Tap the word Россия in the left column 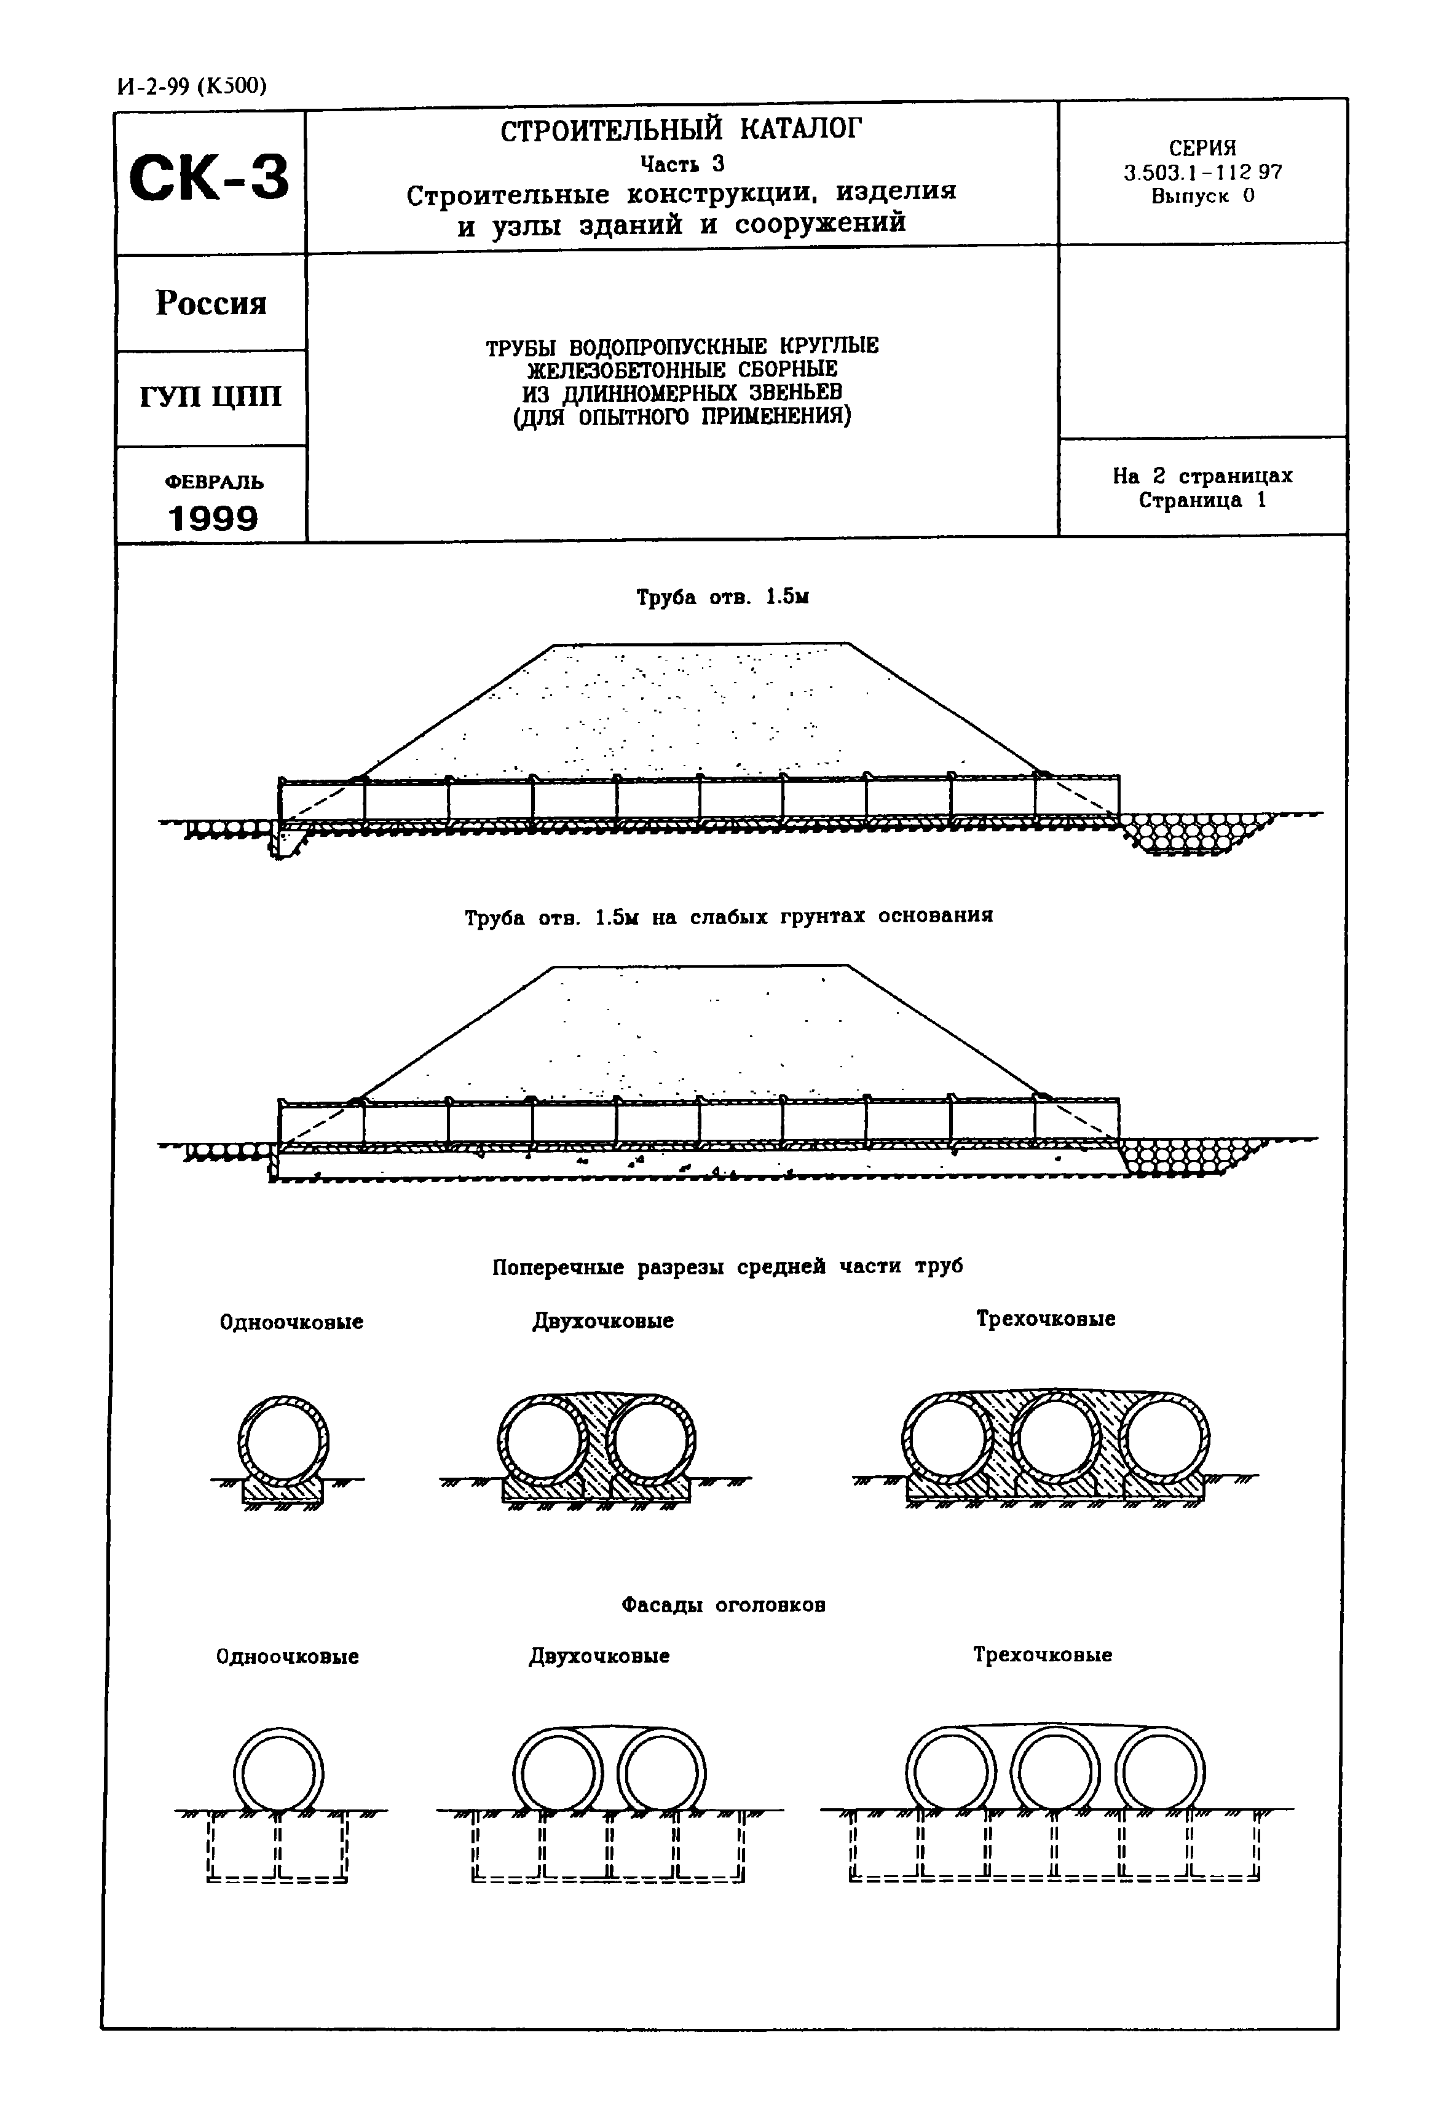click(x=211, y=303)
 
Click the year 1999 click(x=213, y=519)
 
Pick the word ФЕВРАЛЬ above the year click(x=214, y=481)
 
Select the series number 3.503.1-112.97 click(x=1202, y=172)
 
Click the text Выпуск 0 click(x=1202, y=195)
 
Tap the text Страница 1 click(x=1202, y=500)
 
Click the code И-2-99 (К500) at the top click(x=192, y=85)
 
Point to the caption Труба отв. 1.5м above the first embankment click(x=722, y=597)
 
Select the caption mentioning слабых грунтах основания click(x=728, y=917)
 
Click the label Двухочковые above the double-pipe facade click(x=599, y=1656)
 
